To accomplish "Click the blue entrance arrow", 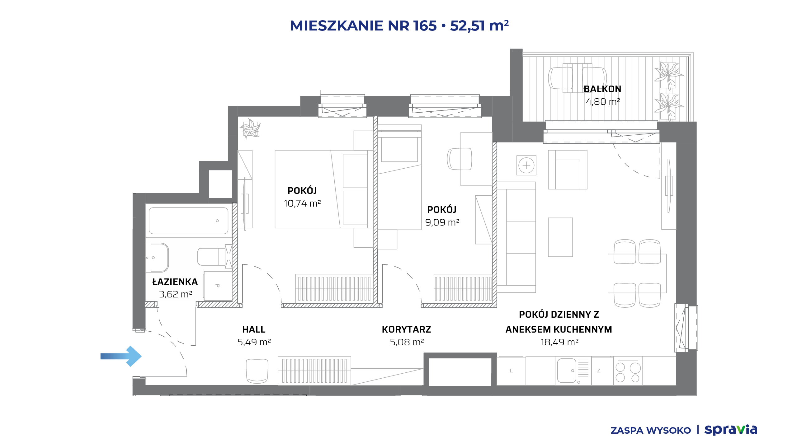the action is [x=121, y=356].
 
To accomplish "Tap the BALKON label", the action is [x=602, y=89].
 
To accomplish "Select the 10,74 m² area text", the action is [x=302, y=203].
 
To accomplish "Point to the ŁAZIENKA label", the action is [x=175, y=282].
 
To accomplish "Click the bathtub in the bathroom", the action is [x=188, y=221].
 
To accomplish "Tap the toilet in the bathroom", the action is [x=212, y=257].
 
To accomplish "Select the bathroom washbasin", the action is [x=157, y=258].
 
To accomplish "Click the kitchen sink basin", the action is [x=566, y=371].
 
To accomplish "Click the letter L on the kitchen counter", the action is [x=511, y=371].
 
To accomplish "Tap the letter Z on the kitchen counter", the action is [x=599, y=371].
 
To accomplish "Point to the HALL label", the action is [x=254, y=329].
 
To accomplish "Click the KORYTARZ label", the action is [x=406, y=329].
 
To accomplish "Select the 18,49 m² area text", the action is [x=559, y=342].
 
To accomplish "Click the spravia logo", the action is [x=731, y=430].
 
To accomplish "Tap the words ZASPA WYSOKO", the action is [x=651, y=431].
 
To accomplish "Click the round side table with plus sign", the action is [x=526, y=165].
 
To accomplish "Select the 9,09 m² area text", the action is [x=442, y=222].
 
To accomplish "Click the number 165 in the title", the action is [x=425, y=26].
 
